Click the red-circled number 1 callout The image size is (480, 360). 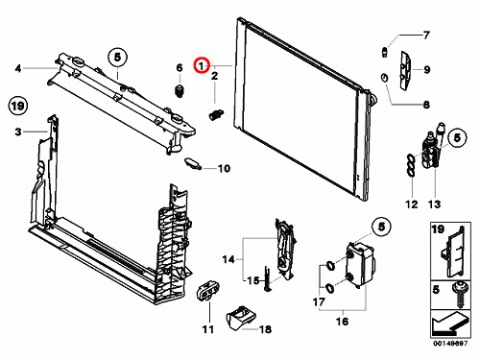[203, 66]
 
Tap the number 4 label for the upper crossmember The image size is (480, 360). [18, 68]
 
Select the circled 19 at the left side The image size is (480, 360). [18, 106]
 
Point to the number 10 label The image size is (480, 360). [224, 168]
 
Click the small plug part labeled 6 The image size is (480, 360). [180, 91]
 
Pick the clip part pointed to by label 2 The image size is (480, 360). [216, 114]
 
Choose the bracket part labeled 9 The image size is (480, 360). [405, 71]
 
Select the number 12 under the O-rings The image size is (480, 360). [412, 204]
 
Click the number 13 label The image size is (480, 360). [434, 204]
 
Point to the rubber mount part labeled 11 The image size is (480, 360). [208, 290]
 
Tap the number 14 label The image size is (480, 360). [228, 259]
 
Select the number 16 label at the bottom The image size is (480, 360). [342, 321]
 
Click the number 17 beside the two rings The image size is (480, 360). [319, 301]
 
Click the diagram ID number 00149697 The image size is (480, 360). [450, 344]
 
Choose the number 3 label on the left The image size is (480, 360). [18, 132]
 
